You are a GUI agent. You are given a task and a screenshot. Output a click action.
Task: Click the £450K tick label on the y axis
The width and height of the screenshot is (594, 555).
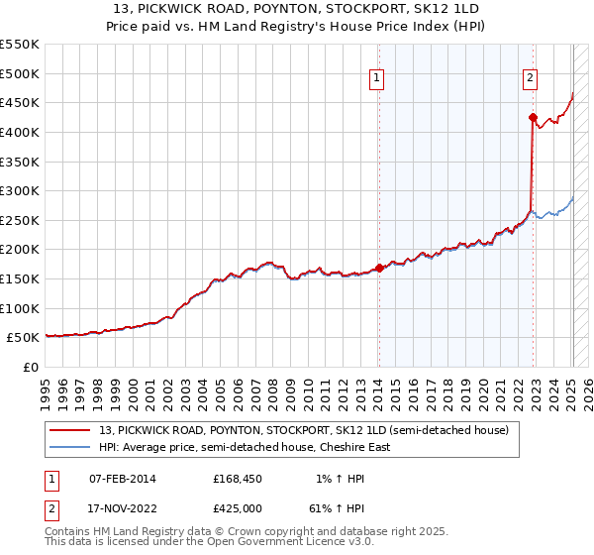(x=19, y=102)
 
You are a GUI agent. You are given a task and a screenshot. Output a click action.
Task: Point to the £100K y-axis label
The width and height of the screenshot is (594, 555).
(x=19, y=308)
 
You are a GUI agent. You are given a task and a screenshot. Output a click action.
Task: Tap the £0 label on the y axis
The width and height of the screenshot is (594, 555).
(x=31, y=368)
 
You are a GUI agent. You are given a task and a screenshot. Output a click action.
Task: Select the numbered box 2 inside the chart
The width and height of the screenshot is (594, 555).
(x=531, y=80)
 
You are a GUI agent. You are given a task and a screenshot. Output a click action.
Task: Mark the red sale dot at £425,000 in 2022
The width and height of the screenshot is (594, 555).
(x=533, y=117)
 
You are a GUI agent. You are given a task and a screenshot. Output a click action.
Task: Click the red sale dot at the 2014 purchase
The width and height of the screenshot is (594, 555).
(x=379, y=268)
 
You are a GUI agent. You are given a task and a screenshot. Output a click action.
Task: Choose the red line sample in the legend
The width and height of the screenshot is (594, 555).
(x=70, y=430)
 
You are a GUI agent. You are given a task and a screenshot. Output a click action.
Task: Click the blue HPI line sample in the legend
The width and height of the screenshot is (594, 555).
(x=70, y=447)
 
